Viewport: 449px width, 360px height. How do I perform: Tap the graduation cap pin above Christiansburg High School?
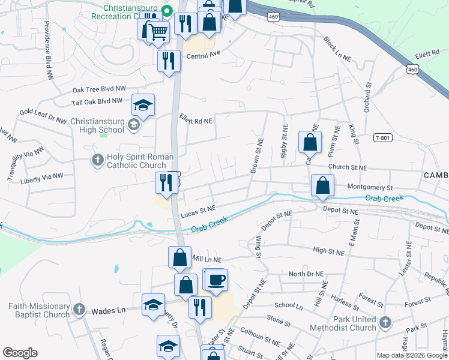143,106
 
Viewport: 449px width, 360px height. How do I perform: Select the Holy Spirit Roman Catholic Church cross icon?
97,160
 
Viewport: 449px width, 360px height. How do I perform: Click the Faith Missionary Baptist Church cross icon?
78,310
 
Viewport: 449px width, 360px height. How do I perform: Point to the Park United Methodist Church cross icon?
384,323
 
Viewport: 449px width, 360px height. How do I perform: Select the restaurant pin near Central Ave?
169,61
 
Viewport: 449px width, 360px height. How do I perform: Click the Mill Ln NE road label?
207,259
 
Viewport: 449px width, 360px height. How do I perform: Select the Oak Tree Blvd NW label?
100,89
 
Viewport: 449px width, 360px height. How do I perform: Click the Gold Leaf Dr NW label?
43,112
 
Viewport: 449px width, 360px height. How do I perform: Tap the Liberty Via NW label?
42,177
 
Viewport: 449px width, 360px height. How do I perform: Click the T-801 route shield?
382,137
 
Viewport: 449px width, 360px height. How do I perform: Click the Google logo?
20,353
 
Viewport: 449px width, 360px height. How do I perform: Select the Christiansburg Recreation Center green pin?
167,9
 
